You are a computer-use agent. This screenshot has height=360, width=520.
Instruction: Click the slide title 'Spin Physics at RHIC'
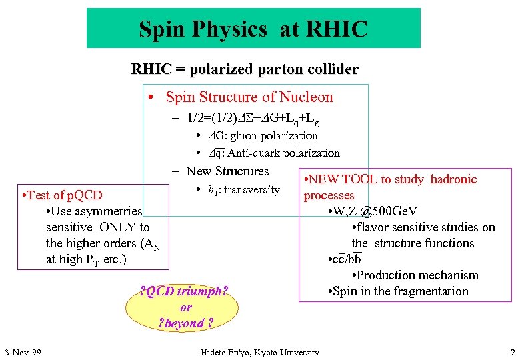point(253,29)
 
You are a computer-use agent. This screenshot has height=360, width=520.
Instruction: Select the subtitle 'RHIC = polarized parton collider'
point(245,69)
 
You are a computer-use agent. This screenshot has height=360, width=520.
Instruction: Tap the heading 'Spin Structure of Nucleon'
point(249,97)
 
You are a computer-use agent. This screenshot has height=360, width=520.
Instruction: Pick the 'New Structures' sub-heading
point(227,171)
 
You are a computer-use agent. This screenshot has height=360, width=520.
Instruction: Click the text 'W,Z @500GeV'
point(376,211)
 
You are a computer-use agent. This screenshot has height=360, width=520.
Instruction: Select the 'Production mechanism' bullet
point(419,275)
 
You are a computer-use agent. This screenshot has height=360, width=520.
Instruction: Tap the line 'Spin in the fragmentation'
point(400,291)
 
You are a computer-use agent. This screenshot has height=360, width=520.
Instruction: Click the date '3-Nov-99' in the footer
point(23,352)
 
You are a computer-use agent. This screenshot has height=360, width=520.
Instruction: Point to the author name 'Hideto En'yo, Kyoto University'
point(260,352)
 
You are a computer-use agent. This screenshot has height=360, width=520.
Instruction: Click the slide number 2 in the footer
point(512,352)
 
